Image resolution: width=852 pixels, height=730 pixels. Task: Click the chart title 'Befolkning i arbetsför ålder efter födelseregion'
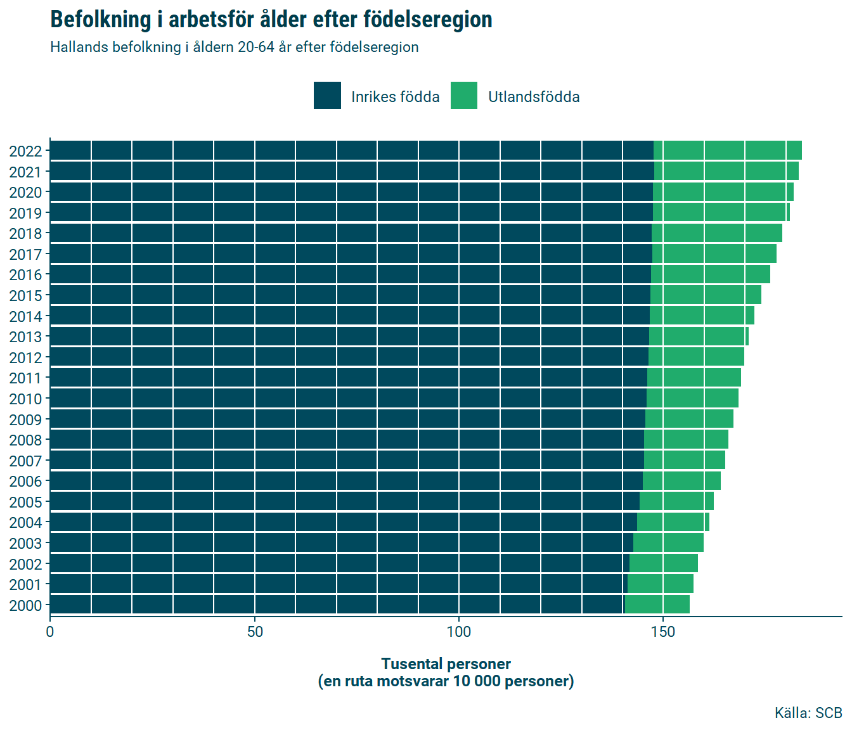pyautogui.click(x=271, y=20)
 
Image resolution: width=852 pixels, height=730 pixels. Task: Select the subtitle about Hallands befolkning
pyautogui.click(x=234, y=48)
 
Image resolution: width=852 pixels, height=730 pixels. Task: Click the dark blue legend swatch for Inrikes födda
pyautogui.click(x=327, y=96)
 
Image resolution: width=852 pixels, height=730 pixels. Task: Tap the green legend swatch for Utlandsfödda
pyautogui.click(x=464, y=96)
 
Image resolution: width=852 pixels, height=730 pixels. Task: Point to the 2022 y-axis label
pyautogui.click(x=25, y=151)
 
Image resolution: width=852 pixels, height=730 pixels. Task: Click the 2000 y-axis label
pyautogui.click(x=25, y=605)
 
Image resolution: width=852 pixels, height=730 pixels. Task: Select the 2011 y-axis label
pyautogui.click(x=25, y=378)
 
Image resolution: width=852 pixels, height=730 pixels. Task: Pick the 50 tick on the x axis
pyautogui.click(x=255, y=631)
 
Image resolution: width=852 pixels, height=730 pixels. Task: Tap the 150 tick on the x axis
pyautogui.click(x=663, y=631)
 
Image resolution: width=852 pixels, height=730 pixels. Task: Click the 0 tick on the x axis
pyautogui.click(x=50, y=631)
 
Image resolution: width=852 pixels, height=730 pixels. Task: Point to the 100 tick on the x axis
pyautogui.click(x=459, y=631)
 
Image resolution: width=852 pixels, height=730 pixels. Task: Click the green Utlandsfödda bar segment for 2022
pyautogui.click(x=728, y=151)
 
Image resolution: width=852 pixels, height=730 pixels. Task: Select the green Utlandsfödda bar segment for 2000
pyautogui.click(x=657, y=605)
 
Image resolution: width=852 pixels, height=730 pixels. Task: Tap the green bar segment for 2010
pyautogui.click(x=692, y=399)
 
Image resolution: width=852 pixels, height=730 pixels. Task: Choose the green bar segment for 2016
pyautogui.click(x=711, y=274)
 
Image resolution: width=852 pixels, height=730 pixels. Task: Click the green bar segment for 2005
pyautogui.click(x=676, y=501)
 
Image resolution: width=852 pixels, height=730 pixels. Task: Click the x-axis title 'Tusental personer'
pyautogui.click(x=446, y=664)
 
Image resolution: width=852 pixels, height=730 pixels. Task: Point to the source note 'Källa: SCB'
pyautogui.click(x=808, y=713)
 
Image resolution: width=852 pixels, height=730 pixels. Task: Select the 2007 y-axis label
pyautogui.click(x=25, y=461)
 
